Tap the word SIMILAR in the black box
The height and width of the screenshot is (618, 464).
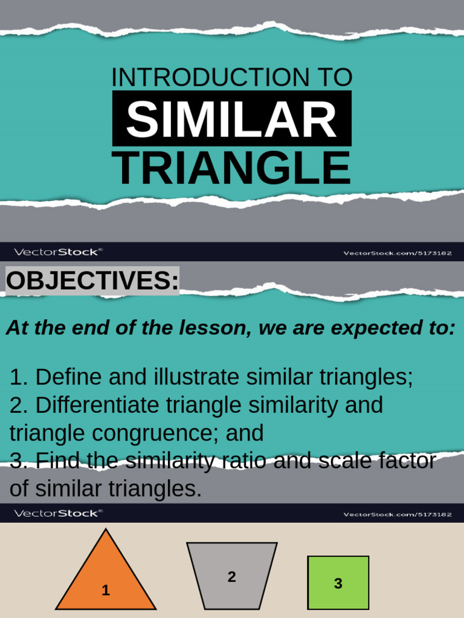click(x=231, y=119)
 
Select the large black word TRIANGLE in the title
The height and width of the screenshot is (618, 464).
click(x=231, y=168)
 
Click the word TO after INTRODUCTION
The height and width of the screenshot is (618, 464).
click(x=331, y=78)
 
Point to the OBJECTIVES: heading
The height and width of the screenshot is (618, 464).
click(x=92, y=281)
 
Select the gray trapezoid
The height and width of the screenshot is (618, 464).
click(x=232, y=576)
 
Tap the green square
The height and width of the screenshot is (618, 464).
click(x=338, y=582)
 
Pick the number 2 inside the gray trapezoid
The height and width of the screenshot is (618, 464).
click(x=231, y=577)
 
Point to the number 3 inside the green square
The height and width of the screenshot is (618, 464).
click(x=338, y=584)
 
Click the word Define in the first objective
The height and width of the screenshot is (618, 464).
click(x=68, y=377)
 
